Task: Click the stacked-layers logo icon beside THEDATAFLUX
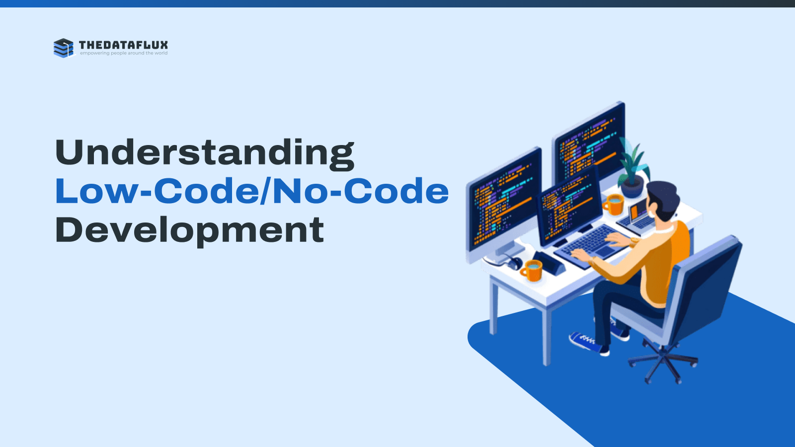point(64,48)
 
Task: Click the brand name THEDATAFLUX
point(124,45)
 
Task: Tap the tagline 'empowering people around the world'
point(124,53)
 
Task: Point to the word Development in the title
point(189,230)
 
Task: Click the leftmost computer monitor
point(504,206)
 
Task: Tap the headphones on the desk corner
point(511,263)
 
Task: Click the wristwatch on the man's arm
point(634,241)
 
